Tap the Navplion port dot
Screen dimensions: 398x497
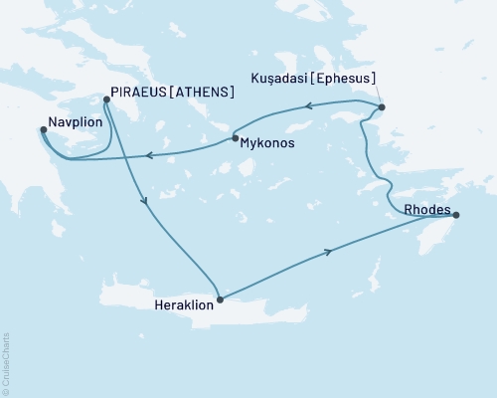(43, 128)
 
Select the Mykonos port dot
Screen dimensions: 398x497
(235, 138)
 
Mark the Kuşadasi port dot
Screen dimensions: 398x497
(383, 107)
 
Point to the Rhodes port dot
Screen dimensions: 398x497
(456, 214)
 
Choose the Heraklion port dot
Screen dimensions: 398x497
(220, 298)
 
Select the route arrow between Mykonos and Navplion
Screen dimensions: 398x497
(148, 154)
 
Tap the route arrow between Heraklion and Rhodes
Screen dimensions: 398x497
(329, 252)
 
